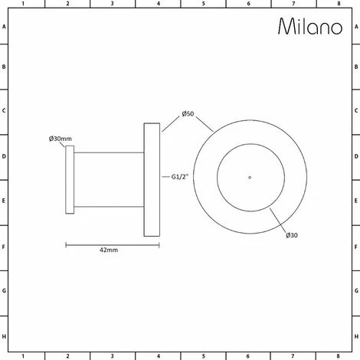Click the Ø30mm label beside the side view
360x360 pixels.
[60, 139]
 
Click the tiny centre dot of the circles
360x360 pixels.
[249, 178]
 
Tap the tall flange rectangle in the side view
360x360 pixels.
[152, 178]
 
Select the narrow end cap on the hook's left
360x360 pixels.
[70, 179]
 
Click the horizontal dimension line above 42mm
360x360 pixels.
[112, 244]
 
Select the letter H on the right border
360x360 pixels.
[355, 336]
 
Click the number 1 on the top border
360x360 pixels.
[23, 4]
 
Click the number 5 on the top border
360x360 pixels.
[203, 4]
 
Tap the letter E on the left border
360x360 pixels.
[5, 203]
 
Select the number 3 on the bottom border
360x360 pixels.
[113, 356]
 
